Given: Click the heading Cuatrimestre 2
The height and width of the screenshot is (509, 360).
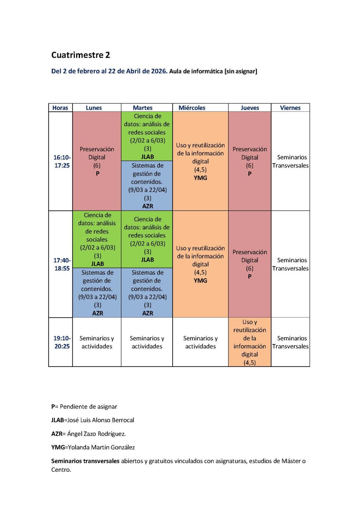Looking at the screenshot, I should tap(80, 55).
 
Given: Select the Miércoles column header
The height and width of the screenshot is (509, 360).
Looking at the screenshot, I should tap(192, 108).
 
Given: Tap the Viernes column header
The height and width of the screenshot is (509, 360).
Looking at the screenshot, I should tap(290, 108).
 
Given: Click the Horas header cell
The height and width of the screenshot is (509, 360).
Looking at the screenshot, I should tap(60, 108).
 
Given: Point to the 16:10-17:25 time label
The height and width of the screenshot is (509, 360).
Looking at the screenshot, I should tap(62, 161).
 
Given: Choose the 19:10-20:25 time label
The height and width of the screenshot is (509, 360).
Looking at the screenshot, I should tap(62, 342).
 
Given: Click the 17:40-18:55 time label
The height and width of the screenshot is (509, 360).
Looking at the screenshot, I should tap(62, 264).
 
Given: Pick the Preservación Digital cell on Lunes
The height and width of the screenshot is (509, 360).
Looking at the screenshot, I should tap(97, 161).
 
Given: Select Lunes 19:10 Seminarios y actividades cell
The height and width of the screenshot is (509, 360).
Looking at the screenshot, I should tap(97, 342).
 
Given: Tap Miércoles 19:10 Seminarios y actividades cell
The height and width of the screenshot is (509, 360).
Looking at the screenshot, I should tap(200, 342).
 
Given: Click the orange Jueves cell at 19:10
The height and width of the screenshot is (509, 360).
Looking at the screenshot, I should tap(249, 342).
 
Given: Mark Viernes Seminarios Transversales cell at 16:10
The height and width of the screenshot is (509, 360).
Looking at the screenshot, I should tap(290, 161).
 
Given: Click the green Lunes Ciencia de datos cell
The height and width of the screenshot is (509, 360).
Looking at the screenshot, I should tap(97, 239).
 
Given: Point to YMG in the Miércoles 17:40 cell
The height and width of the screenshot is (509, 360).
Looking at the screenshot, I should tap(200, 280).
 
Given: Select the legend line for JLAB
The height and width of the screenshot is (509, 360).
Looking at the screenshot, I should tap(93, 420).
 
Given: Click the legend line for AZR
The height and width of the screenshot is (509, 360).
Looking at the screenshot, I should tap(88, 433).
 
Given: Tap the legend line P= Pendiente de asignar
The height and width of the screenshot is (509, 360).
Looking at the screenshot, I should tap(84, 406).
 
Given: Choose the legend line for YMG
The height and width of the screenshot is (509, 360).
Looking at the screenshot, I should tap(93, 447).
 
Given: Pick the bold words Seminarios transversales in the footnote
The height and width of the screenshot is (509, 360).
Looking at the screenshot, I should tap(85, 461).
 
